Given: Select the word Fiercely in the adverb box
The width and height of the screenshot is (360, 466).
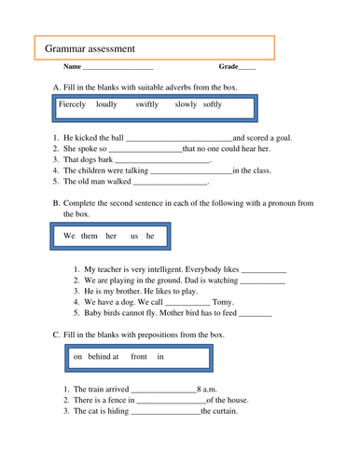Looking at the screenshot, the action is tap(72, 105).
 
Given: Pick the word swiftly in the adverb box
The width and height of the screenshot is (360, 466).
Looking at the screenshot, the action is tap(146, 105).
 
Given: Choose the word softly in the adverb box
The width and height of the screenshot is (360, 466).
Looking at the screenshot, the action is tap(213, 105).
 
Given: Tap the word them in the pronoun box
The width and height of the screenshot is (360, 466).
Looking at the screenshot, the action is tap(90, 237).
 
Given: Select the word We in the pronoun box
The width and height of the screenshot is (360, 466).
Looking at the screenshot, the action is tap(68, 237).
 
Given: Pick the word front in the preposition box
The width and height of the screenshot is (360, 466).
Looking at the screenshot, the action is tap(139, 356).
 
